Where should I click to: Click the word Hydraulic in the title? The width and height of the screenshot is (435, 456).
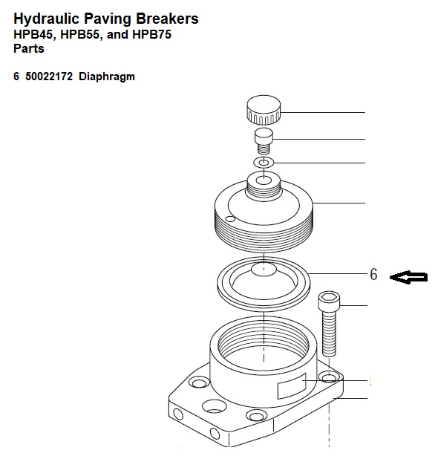tap(47, 19)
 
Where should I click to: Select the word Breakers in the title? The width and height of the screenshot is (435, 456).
tap(167, 19)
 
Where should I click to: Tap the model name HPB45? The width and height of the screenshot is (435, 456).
tap(34, 35)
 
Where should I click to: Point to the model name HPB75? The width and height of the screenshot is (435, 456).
tap(151, 34)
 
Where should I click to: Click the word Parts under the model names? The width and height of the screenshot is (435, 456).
tap(29, 48)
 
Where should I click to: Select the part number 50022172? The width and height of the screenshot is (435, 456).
tap(49, 76)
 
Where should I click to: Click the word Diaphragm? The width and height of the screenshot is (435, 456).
tap(107, 77)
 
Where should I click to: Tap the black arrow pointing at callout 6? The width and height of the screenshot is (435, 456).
tap(408, 277)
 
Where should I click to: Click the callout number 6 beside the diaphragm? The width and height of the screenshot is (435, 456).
tap(373, 274)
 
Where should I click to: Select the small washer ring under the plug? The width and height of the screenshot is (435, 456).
tap(264, 163)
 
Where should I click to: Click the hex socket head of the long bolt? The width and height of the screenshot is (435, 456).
tap(329, 300)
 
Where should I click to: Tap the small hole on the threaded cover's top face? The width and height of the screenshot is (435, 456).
tap(230, 218)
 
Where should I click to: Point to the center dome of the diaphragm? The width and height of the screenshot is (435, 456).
tap(264, 269)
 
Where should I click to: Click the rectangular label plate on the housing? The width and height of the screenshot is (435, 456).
tap(292, 385)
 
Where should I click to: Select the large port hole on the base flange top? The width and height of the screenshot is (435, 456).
tap(214, 406)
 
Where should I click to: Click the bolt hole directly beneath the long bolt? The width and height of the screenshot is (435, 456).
tap(329, 377)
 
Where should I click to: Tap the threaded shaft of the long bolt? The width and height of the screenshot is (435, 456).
tap(329, 333)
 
